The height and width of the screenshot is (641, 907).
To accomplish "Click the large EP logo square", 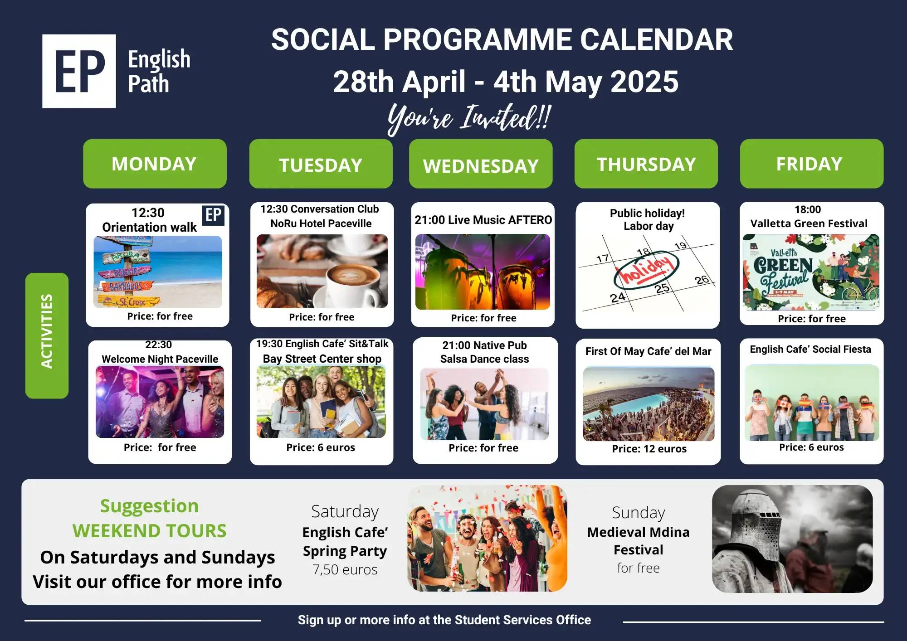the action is [x=79, y=71].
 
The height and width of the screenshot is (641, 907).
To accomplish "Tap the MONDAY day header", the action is [x=155, y=164].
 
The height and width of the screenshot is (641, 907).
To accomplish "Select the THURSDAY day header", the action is [x=646, y=164].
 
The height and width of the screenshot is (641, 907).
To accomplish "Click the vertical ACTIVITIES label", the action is [x=47, y=335].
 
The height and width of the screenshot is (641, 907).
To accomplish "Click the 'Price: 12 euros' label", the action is [x=649, y=449].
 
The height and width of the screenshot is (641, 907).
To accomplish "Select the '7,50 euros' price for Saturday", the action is [x=345, y=569].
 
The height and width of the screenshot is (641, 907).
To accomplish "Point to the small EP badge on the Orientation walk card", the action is [x=213, y=215].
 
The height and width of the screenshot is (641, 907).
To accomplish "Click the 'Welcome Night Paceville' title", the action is [x=160, y=359].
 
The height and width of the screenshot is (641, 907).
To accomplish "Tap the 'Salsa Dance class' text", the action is [x=484, y=359].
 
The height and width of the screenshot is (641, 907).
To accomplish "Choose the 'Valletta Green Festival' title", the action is [x=809, y=223].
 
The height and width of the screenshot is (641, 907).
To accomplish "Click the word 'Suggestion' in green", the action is [x=149, y=506].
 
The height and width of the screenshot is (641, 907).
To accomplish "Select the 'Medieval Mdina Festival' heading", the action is [x=638, y=541].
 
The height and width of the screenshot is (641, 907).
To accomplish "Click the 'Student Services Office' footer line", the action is [x=444, y=620].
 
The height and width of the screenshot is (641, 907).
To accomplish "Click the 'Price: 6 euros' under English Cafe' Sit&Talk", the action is [x=321, y=447].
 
